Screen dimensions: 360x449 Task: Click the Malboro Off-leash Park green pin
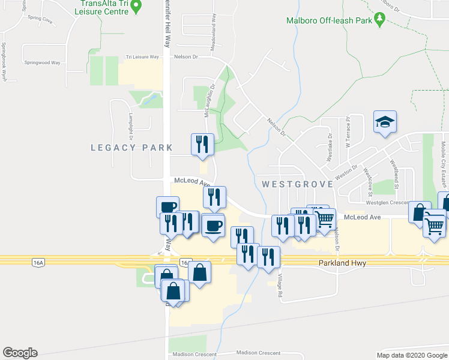click(x=379, y=20)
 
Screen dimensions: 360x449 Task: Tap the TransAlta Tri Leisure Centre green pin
click(x=136, y=7)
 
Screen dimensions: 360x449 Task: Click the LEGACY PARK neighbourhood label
click(x=131, y=148)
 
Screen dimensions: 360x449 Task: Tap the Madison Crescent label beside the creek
click(x=259, y=353)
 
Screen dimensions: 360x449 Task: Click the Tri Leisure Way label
click(x=142, y=57)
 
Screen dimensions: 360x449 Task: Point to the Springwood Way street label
click(x=42, y=62)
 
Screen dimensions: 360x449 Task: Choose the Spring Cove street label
click(x=40, y=18)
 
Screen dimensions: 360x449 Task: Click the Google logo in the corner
click(x=20, y=353)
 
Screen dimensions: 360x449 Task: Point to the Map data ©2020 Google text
click(x=411, y=355)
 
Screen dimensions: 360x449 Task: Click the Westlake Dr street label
click(x=330, y=148)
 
